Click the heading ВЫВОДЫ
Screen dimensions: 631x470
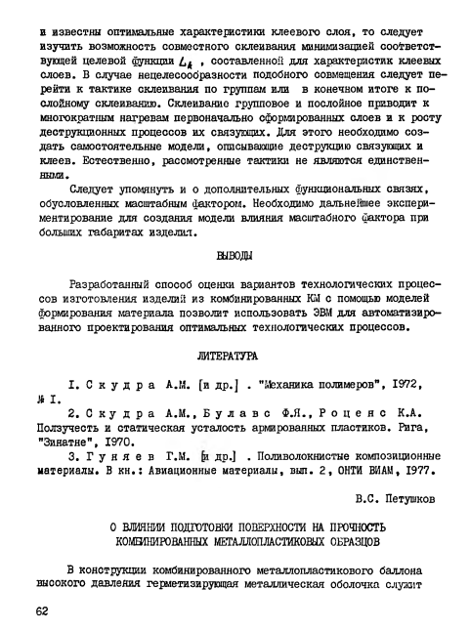pos(234,257)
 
